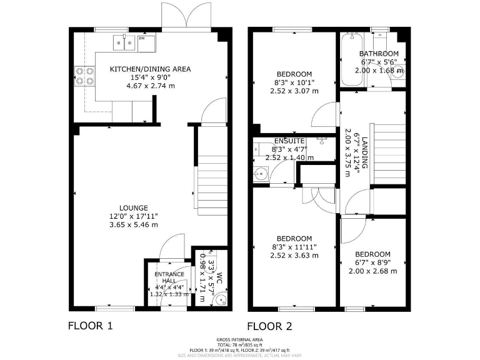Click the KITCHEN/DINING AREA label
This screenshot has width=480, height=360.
150,69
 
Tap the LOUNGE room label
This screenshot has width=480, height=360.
134,208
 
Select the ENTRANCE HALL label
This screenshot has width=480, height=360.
169,277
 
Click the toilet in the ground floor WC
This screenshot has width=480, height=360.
217,301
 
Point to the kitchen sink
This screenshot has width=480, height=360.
123,42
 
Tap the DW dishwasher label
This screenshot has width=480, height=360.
141,39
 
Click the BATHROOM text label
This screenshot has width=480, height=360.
379,54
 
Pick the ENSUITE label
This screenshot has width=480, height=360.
289,141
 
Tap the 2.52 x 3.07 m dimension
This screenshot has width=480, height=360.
294,91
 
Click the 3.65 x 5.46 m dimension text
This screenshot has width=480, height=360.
134,224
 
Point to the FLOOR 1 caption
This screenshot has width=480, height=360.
91,326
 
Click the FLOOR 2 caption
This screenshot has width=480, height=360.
269,326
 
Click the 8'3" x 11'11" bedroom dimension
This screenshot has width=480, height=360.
294,247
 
